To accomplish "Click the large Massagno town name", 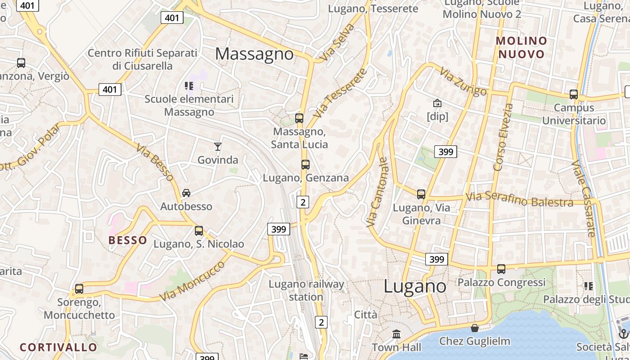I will point(254,54).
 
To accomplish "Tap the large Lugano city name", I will point(415,287).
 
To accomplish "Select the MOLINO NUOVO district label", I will point(522,48).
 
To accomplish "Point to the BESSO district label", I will point(128,240).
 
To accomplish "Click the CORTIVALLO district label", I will point(58,347).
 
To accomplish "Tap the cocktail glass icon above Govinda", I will point(218,146).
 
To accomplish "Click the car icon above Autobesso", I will point(186,193).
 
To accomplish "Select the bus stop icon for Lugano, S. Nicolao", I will point(199,231).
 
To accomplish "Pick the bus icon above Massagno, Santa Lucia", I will point(299,118).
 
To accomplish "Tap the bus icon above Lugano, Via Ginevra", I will point(421,194).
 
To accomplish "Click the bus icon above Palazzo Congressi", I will point(501,269).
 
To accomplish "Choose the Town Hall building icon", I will point(396,334).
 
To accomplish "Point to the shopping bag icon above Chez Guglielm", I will point(475,328).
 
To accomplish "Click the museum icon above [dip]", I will point(437,103).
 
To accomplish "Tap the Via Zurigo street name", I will point(463,82).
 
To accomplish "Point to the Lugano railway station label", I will point(306,291).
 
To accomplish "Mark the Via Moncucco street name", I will point(193,281).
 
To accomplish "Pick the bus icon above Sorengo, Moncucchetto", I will point(79,288).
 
